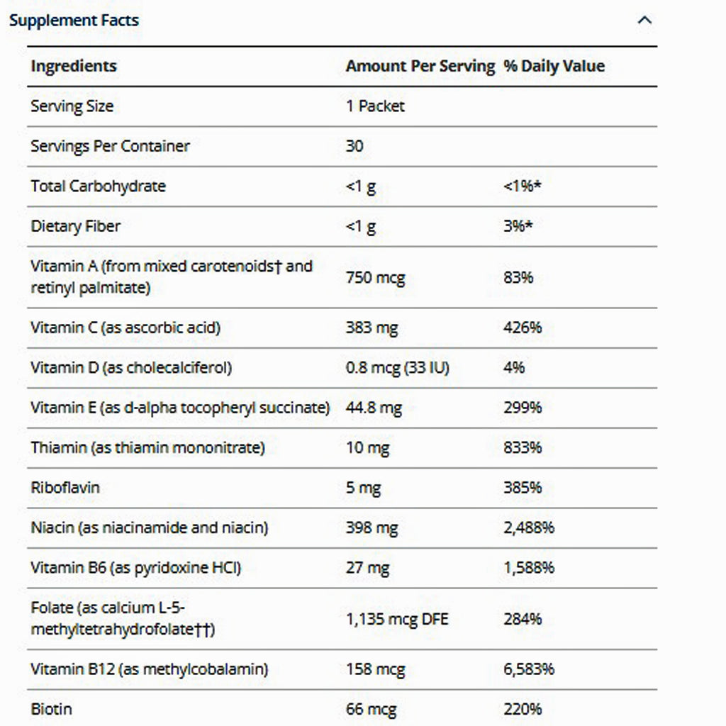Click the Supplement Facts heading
coord(74,21)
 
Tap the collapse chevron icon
coord(644,20)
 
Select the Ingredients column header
coord(74,66)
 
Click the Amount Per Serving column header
coord(420,66)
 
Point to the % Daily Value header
coord(554,66)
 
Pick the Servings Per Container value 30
coord(354,146)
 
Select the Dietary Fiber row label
coord(76,226)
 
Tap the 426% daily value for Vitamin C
coord(523,328)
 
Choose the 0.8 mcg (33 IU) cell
coord(397,367)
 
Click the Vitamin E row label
coord(180,408)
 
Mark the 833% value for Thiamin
coord(523,447)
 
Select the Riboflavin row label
coord(65,488)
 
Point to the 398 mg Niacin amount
coord(372,527)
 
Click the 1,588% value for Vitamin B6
coord(529,567)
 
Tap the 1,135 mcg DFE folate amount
coord(397,619)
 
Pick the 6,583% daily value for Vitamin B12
coord(529,669)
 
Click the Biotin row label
coord(52,708)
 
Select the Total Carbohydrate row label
coord(98,186)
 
